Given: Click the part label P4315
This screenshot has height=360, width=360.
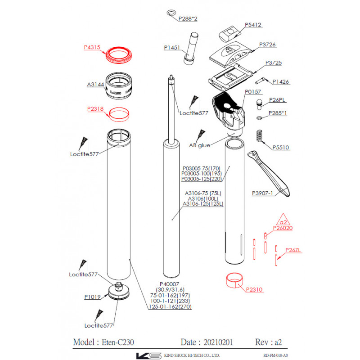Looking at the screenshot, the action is pos(92,47).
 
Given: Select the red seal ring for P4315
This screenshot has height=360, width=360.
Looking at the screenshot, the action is pos(119,55).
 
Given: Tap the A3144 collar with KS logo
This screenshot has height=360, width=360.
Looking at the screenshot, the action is pos(119,85).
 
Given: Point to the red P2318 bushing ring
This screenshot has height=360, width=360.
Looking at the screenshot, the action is pos(119,114).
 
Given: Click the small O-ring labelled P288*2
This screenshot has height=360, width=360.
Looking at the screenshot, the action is pos(171,13).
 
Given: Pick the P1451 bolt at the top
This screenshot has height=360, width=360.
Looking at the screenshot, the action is pos(191,49).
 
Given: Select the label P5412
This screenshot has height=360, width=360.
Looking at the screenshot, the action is pos(253,25).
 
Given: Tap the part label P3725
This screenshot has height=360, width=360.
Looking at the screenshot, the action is pos(274,63).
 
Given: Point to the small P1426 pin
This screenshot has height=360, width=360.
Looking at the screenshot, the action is pos(260,81).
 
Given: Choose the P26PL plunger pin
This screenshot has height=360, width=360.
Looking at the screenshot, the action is pos(259,104).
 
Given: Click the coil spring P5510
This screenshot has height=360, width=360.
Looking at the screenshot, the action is pos(259,136).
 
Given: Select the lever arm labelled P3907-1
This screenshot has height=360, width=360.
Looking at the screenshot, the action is pos(269,173).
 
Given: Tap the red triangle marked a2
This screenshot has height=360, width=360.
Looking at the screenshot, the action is pos(283,220).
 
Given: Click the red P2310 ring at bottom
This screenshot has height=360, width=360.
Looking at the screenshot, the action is pos(234,280).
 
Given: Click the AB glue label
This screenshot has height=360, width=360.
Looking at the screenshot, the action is pos(199,145).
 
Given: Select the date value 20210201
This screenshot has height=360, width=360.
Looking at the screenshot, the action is pos(218,342).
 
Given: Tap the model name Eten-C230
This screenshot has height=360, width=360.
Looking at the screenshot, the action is pos(118,342).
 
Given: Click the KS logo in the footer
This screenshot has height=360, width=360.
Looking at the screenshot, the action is pos(149,355).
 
